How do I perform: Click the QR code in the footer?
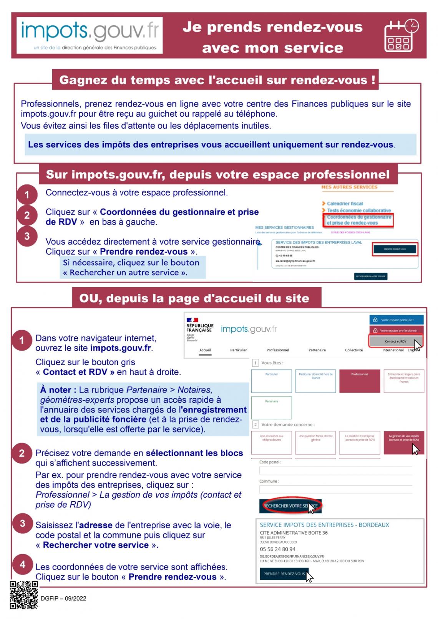(24, 595)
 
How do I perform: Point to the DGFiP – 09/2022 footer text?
(63, 598)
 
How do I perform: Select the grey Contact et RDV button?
(395, 341)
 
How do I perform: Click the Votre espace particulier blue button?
(397, 319)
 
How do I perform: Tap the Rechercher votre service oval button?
(290, 506)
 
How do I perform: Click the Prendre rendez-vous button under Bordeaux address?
(284, 574)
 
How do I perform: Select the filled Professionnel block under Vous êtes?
(359, 381)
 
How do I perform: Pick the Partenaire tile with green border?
(271, 407)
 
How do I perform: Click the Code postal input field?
(335, 470)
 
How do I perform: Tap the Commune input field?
(335, 490)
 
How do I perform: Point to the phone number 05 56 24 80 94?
(277, 549)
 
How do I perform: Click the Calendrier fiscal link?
(345, 204)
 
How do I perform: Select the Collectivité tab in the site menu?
(353, 350)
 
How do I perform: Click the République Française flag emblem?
(192, 320)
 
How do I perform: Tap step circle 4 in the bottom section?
(22, 564)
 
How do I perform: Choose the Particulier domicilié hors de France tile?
(315, 381)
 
